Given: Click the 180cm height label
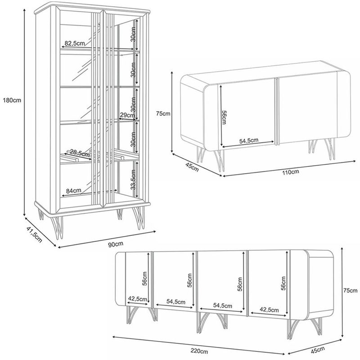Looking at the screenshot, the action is pyautogui.click(x=12, y=100).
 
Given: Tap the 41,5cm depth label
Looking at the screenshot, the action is pyautogui.click(x=35, y=234).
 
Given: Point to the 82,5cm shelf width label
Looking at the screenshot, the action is pyautogui.click(x=75, y=43).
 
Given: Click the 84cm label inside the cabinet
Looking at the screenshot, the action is pyautogui.click(x=73, y=190).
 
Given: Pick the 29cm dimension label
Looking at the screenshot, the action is pyautogui.click(x=127, y=115).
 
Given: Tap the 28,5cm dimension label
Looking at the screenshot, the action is pyautogui.click(x=80, y=153).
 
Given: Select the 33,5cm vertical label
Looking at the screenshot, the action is pyautogui.click(x=133, y=180).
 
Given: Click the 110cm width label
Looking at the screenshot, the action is pyautogui.click(x=291, y=172).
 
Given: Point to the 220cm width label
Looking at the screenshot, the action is pyautogui.click(x=199, y=351).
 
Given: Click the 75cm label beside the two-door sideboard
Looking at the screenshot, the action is pyautogui.click(x=163, y=113).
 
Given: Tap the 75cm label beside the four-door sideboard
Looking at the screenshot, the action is pyautogui.click(x=351, y=291).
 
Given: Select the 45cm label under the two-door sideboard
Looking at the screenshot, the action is pyautogui.click(x=192, y=166).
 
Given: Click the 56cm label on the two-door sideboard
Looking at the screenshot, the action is pyautogui.click(x=224, y=117).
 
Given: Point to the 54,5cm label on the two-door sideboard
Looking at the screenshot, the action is pyautogui.click(x=249, y=140).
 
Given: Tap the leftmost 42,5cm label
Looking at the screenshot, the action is pyautogui.click(x=138, y=299).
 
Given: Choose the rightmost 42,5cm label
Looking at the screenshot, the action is pyautogui.click(x=269, y=310).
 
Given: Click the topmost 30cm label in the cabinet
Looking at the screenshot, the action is pyautogui.click(x=133, y=34).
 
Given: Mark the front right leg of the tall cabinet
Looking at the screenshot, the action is pyautogui.click(x=139, y=218).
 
